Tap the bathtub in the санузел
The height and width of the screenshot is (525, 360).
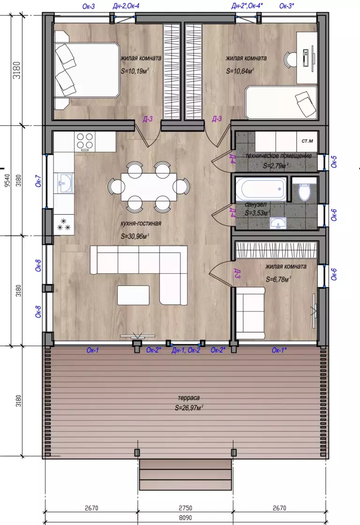point(261,189)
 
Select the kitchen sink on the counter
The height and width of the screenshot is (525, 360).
point(64,183)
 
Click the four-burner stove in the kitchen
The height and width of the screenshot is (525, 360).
point(85,141)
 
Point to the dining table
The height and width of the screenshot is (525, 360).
point(149,187)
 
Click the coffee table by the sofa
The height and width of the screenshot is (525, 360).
point(133,295)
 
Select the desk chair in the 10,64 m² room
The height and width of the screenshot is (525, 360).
point(291,60)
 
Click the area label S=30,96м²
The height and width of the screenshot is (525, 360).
point(135,236)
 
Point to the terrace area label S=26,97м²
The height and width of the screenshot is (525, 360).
point(189,408)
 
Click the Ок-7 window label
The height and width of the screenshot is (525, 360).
point(38,181)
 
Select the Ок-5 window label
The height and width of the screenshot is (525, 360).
point(334,161)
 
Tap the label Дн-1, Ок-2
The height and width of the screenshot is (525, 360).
point(186,351)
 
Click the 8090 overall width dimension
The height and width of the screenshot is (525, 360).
point(185,517)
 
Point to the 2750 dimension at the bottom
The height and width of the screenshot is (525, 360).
point(185,508)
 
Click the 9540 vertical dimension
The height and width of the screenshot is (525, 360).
point(7,180)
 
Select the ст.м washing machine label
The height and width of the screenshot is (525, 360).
point(307,141)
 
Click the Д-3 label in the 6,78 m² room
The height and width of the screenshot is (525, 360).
point(237,273)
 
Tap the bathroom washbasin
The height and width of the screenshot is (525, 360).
point(277,223)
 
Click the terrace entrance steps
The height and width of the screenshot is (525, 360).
point(185,475)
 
